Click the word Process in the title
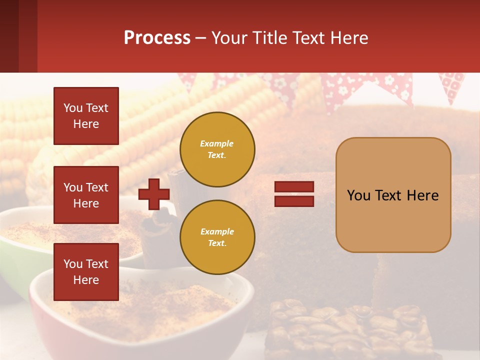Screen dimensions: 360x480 coord(157,38)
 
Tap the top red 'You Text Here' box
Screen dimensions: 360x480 coord(86,116)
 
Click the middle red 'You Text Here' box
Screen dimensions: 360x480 coord(86,195)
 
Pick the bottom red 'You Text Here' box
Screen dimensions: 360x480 coord(86,272)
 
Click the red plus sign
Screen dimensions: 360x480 coord(154,194)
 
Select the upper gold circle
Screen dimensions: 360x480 coord(217,149)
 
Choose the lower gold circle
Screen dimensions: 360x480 coord(217,237)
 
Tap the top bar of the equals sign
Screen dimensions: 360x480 coord(294,187)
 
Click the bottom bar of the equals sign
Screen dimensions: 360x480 coord(294,201)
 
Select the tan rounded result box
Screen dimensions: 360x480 coord(393,195)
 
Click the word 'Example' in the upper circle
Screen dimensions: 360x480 coord(217,143)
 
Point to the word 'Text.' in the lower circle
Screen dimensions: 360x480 coord(217,243)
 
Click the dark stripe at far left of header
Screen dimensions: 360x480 coord(9,36)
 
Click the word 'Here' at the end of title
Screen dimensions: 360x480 coord(350,38)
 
